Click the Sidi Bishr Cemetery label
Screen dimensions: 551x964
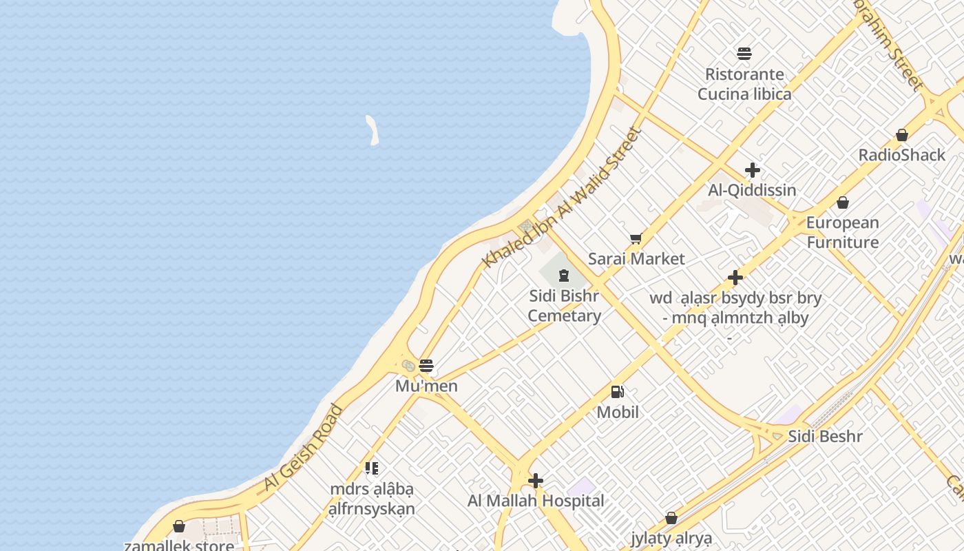pos(565,306)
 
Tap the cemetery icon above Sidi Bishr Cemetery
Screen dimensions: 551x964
pos(564,276)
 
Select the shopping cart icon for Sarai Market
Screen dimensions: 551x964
pos(636,239)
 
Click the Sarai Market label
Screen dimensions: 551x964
pos(636,259)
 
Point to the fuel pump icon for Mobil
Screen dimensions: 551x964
pos(618,392)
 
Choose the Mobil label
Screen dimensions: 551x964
pos(618,412)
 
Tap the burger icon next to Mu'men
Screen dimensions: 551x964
pos(426,365)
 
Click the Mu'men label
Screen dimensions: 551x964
pos(426,386)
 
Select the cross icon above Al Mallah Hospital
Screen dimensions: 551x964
pos(536,481)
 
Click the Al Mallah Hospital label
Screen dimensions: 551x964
pos(536,501)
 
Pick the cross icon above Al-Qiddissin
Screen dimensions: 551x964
pos(753,170)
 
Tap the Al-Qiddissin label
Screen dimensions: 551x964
pos(752,190)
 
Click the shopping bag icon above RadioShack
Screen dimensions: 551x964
pos(902,135)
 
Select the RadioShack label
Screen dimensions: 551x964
pos(902,155)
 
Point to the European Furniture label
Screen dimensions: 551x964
pos(843,232)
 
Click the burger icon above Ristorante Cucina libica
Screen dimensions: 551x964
pos(744,54)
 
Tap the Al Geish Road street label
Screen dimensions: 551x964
pos(303,448)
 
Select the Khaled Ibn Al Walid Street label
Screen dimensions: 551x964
pos(562,198)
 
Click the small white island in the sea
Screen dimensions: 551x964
pos(373,130)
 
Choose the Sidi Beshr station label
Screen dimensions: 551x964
pos(825,436)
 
